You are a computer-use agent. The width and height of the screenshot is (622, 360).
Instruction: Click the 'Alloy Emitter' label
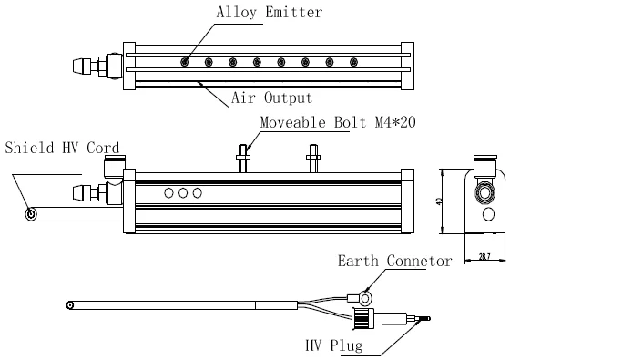[x=269, y=13]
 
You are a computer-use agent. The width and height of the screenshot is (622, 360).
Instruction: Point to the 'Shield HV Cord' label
[x=62, y=148]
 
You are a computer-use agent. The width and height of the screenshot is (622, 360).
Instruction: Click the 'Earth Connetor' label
[x=394, y=261]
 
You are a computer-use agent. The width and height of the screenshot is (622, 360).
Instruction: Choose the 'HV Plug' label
[x=334, y=345]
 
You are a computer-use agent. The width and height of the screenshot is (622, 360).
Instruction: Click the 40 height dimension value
[x=439, y=201]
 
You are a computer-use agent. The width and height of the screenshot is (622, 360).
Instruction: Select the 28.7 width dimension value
[x=484, y=257]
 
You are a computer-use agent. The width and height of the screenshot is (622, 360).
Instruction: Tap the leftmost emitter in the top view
[x=185, y=62]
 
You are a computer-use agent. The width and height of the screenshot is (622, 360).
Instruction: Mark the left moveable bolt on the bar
[x=243, y=156]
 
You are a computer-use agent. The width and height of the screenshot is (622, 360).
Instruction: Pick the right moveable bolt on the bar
[x=313, y=156]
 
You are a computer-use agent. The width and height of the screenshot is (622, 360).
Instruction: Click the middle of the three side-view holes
[x=183, y=193]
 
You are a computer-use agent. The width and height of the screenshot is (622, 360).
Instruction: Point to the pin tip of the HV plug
[x=424, y=319]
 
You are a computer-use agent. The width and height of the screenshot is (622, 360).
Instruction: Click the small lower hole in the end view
[x=488, y=215]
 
